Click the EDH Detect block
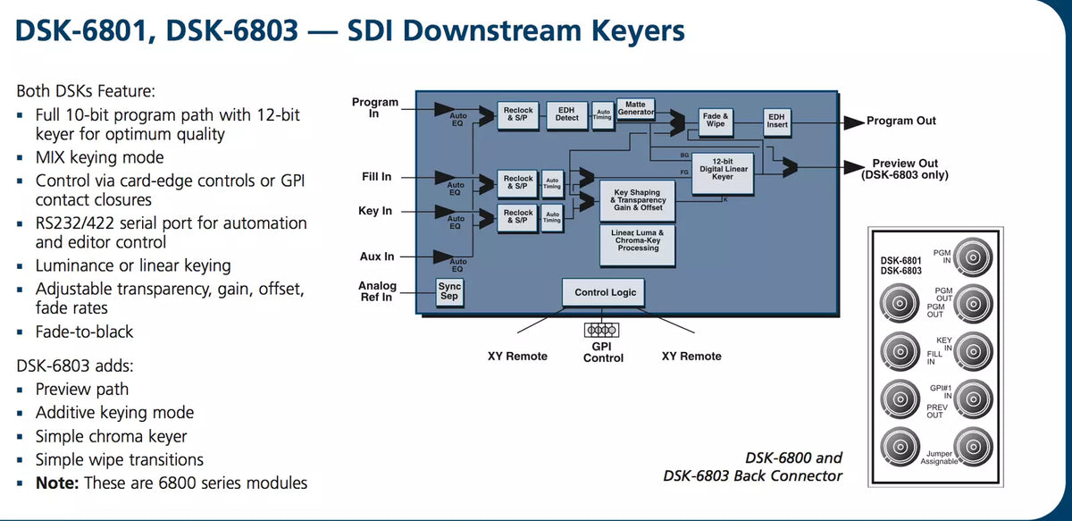567,113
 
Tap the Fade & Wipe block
715,121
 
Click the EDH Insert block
777,121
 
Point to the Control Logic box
605,292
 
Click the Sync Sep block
450,291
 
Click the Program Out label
901,121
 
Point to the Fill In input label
376,177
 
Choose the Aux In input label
376,256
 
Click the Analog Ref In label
376,291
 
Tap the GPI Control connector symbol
603,329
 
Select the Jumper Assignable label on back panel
939,458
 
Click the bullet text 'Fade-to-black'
84,332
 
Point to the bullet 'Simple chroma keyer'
111,436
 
